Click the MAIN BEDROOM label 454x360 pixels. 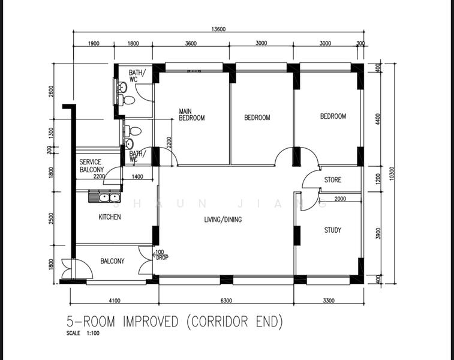click(191, 115)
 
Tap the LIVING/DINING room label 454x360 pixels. click(223, 220)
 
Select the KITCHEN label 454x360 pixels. click(110, 217)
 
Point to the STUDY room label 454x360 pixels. click(333, 230)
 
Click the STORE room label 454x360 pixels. click(333, 180)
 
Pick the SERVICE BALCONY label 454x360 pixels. click(91, 166)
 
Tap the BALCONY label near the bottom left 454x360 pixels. click(112, 261)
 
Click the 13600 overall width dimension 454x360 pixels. click(218, 29)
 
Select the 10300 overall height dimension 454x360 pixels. click(392, 173)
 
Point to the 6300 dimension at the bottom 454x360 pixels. click(226, 301)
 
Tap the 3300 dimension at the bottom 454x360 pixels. click(328, 301)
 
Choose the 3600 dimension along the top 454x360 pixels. click(191, 43)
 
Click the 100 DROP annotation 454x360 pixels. click(161, 254)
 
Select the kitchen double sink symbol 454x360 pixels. click(106, 197)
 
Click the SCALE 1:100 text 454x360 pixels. click(83, 334)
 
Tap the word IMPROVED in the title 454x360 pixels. click(151, 322)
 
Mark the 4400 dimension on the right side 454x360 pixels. click(377, 119)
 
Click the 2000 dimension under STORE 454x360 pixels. click(340, 199)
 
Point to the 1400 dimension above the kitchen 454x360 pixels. click(137, 176)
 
